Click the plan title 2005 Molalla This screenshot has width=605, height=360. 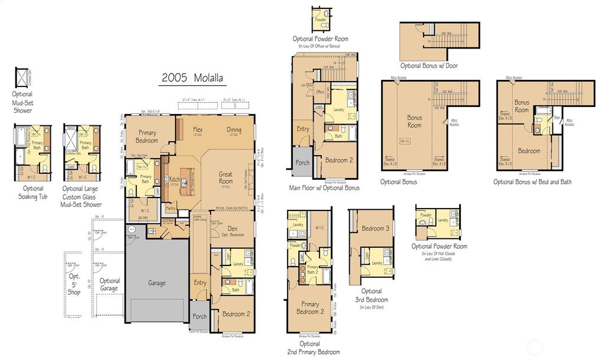193,78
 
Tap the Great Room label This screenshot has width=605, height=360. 225,177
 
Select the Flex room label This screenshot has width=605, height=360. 198,129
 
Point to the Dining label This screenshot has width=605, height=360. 234,130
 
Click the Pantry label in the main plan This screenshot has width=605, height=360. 172,208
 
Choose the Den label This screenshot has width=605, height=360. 233,229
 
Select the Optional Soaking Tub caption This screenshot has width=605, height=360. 32,193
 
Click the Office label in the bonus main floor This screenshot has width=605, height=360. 320,92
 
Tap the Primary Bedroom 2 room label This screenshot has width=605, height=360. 310,308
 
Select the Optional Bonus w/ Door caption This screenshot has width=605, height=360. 428,66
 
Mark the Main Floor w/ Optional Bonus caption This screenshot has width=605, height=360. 324,188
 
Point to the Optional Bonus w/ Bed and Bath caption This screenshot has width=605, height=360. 532,182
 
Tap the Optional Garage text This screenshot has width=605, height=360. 110,285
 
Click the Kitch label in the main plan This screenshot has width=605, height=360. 174,179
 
